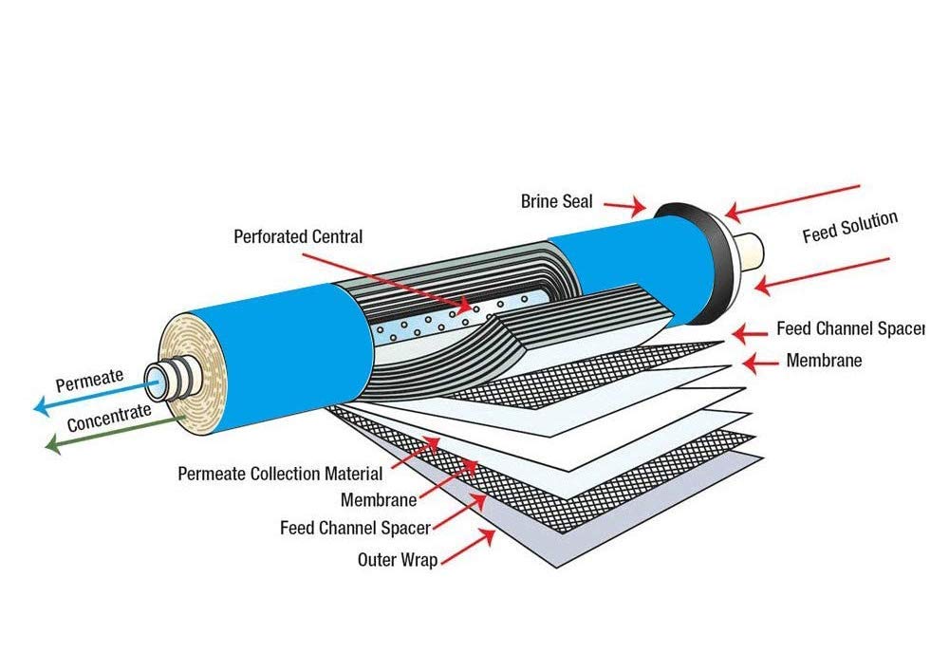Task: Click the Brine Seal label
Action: tap(556, 201)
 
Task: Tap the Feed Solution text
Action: tap(849, 228)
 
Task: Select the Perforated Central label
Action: tap(298, 236)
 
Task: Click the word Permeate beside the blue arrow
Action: tap(89, 382)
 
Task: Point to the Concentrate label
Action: tap(108, 419)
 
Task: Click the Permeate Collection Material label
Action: tap(280, 473)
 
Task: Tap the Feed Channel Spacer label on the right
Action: tap(849, 329)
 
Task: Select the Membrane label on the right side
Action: tap(824, 361)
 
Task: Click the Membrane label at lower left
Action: tap(376, 499)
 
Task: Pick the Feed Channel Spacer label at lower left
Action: tap(355, 528)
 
